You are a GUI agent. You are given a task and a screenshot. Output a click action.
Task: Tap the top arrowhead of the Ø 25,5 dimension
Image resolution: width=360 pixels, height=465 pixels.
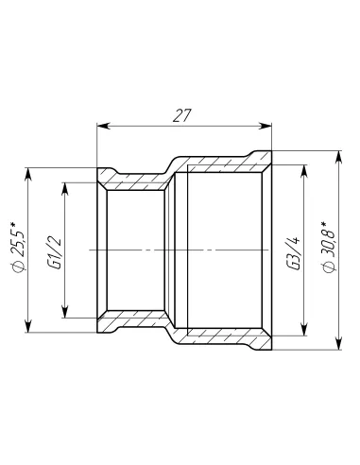click(29, 173)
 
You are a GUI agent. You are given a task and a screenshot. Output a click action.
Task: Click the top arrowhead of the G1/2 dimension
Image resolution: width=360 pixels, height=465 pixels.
click(64, 187)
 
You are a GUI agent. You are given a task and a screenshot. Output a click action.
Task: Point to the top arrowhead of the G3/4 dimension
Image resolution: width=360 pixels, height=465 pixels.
click(304, 171)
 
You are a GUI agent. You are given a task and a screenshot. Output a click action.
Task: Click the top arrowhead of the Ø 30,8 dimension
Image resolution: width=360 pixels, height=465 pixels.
click(339, 155)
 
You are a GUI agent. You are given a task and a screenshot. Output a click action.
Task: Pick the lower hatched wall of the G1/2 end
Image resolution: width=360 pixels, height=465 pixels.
click(132, 321)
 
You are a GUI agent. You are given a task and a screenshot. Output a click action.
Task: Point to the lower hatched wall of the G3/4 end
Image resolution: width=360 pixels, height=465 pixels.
click(222, 337)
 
